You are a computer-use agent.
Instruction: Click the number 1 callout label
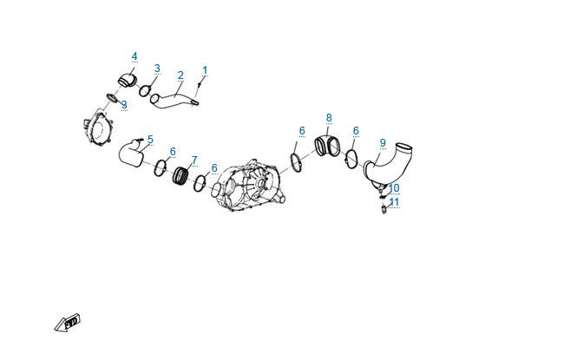coord(205,70)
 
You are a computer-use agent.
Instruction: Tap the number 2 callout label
coord(180,75)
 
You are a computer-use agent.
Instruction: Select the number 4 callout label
coord(134,56)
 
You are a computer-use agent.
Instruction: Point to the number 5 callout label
coord(150,140)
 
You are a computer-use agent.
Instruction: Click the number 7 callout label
coord(194,160)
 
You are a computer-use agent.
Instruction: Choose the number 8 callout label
coord(329,118)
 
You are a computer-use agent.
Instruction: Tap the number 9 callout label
coord(383,143)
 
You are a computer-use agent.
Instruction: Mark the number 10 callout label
coord(394,188)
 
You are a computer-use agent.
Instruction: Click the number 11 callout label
coord(394,202)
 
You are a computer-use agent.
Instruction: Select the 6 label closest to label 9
coord(356,131)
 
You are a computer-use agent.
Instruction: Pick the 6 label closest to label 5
coord(173,152)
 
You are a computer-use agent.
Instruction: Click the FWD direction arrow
coord(68,323)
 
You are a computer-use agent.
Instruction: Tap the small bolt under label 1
coord(200,84)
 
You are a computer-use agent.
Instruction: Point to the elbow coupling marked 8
coord(327,146)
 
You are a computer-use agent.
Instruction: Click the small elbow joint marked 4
coord(127,81)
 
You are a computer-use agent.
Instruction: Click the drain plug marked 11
coord(384,209)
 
